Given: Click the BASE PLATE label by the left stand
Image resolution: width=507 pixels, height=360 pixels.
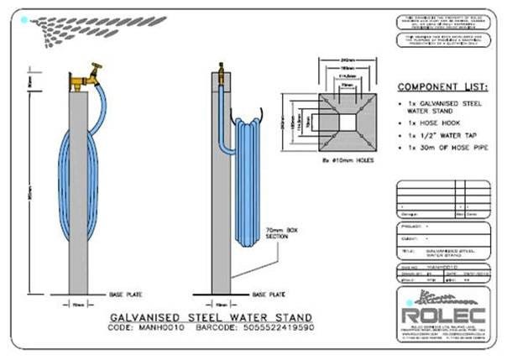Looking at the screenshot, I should pos(125,295).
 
